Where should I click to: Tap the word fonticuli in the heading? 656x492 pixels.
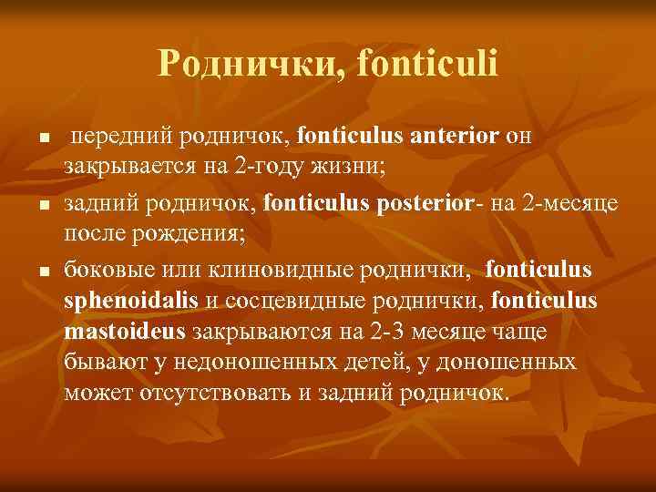[430, 63]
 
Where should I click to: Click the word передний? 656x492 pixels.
[117, 137]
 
